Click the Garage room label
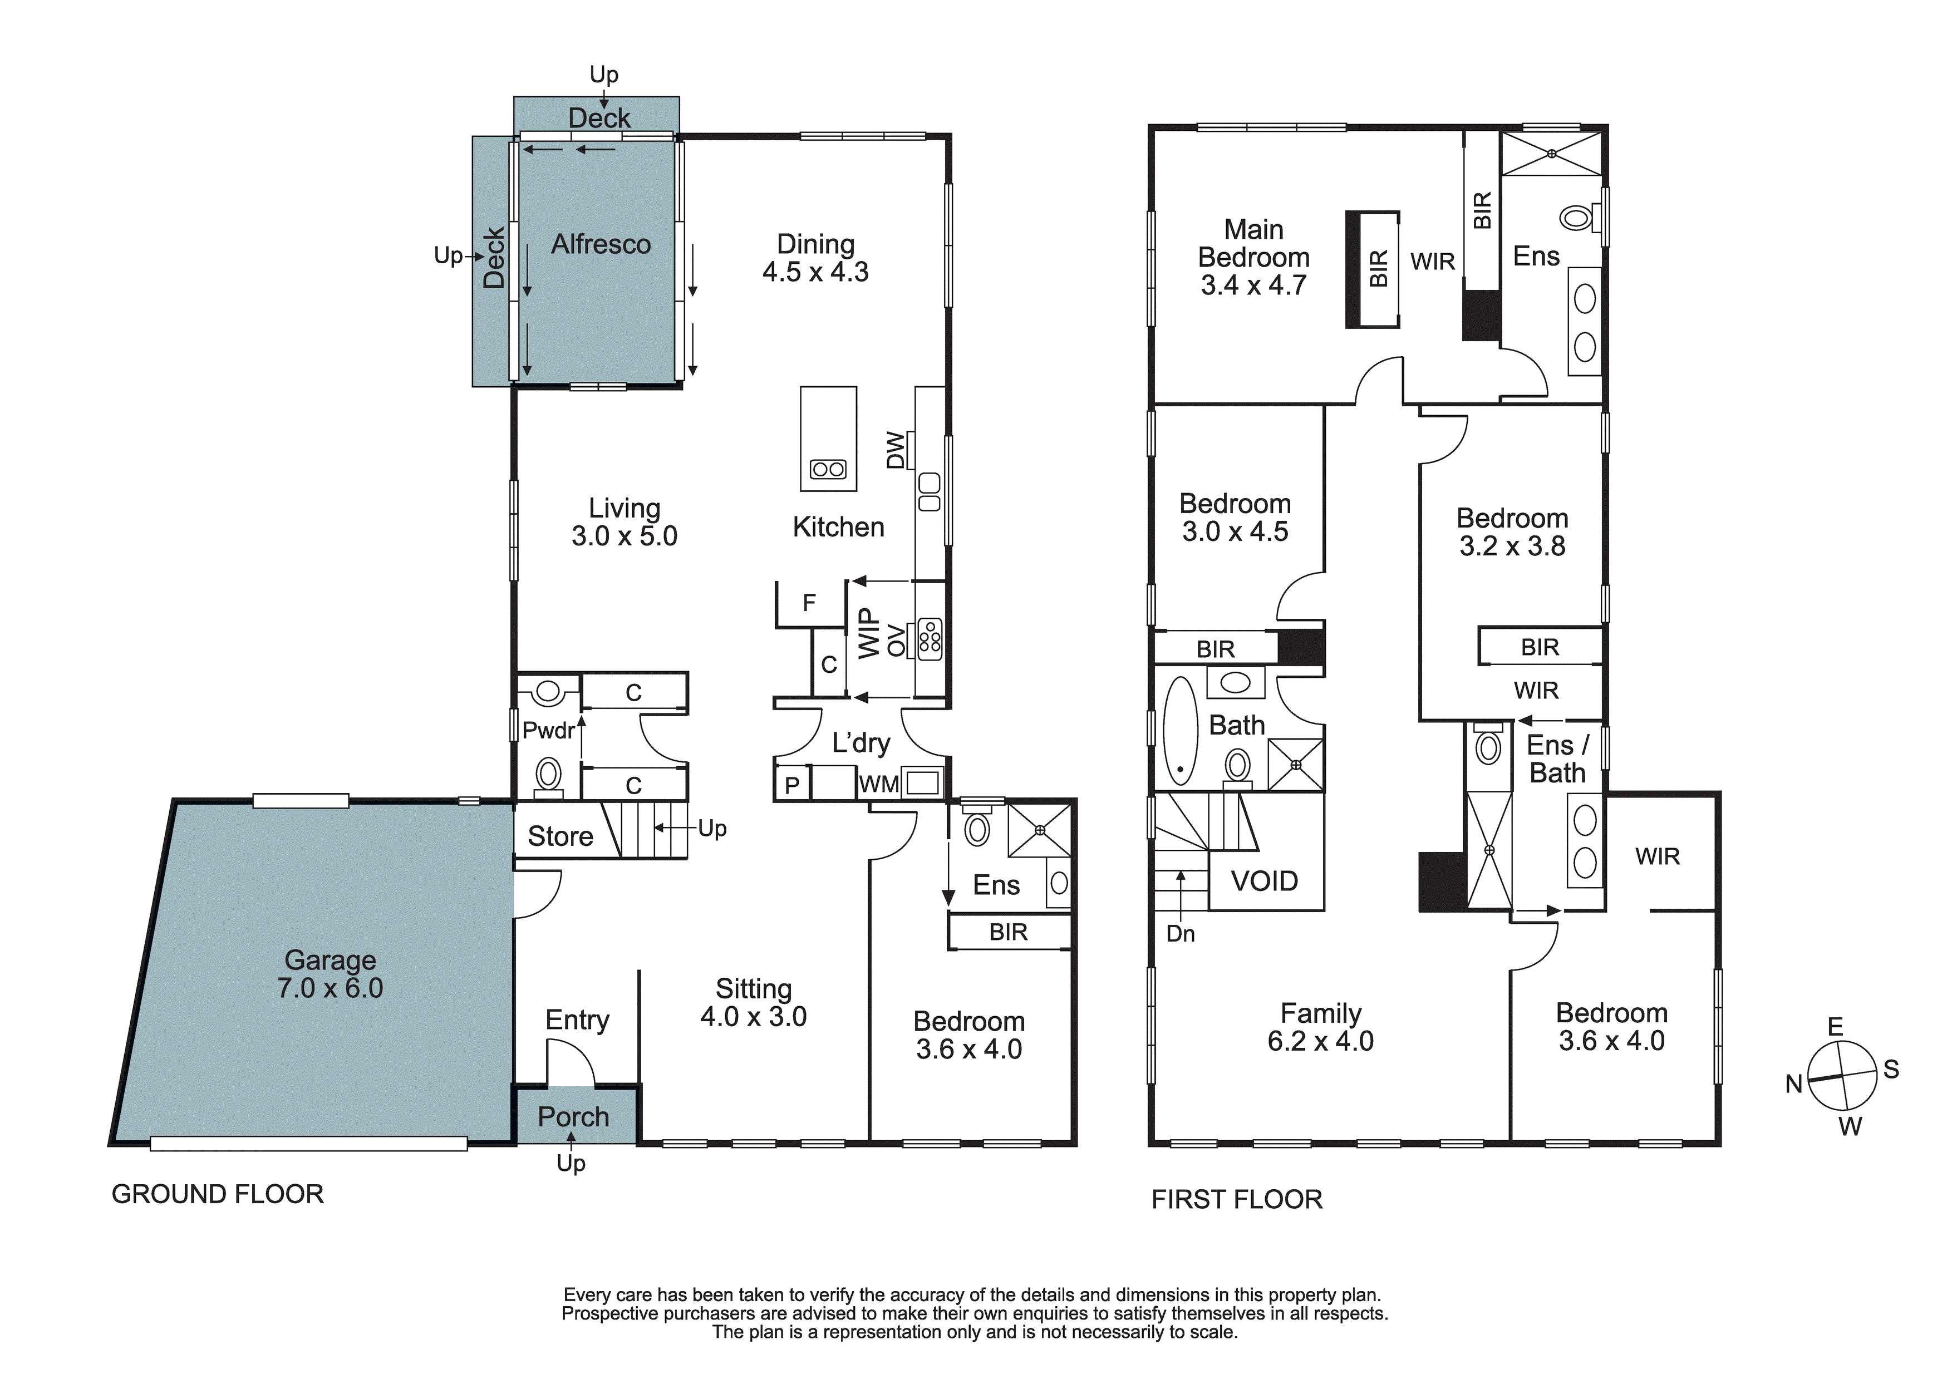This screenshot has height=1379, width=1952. click(x=330, y=960)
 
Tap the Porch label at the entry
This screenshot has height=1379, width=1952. click(x=573, y=1116)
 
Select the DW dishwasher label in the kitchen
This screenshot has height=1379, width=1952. click(x=895, y=451)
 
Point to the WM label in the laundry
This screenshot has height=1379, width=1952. click(x=878, y=784)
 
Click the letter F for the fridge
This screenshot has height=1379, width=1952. click(x=809, y=603)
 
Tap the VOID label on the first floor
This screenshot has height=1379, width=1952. click(x=1264, y=881)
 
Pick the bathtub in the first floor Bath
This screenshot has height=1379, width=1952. click(x=1180, y=730)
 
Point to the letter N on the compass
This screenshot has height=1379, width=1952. click(x=1794, y=1084)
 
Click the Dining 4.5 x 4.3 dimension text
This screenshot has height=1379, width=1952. click(x=815, y=272)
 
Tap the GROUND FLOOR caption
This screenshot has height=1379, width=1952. click(x=218, y=1194)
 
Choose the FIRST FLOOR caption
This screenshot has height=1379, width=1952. click(x=1237, y=1200)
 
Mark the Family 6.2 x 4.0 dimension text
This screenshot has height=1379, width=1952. click(x=1320, y=1041)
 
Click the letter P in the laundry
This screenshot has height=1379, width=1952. click(x=791, y=785)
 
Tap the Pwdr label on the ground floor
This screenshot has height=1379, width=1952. click(x=548, y=730)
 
